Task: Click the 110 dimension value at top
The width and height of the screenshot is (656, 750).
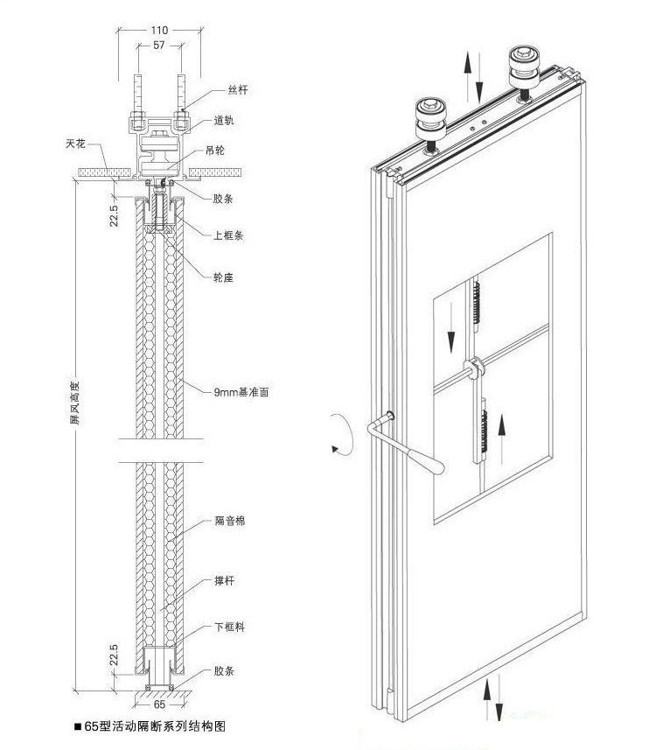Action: coord(158,29)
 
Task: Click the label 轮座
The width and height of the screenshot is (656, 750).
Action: coord(223,277)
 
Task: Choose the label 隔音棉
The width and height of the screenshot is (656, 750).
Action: coord(228,521)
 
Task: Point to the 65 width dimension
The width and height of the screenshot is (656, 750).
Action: coord(159,703)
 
